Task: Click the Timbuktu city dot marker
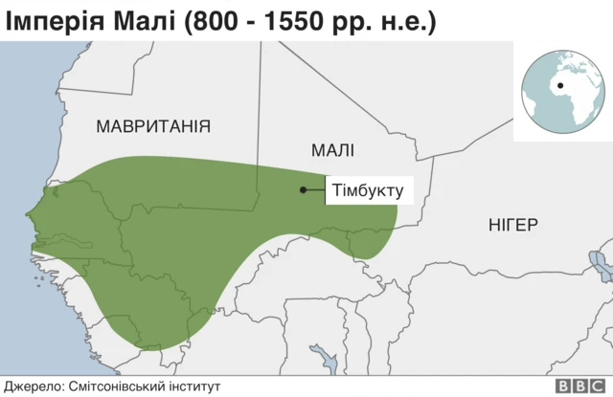303,189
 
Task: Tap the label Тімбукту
366,189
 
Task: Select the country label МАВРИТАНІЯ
153,126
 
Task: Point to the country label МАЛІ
332,149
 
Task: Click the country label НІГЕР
512,226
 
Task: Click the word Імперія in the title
58,21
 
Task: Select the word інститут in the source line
195,386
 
